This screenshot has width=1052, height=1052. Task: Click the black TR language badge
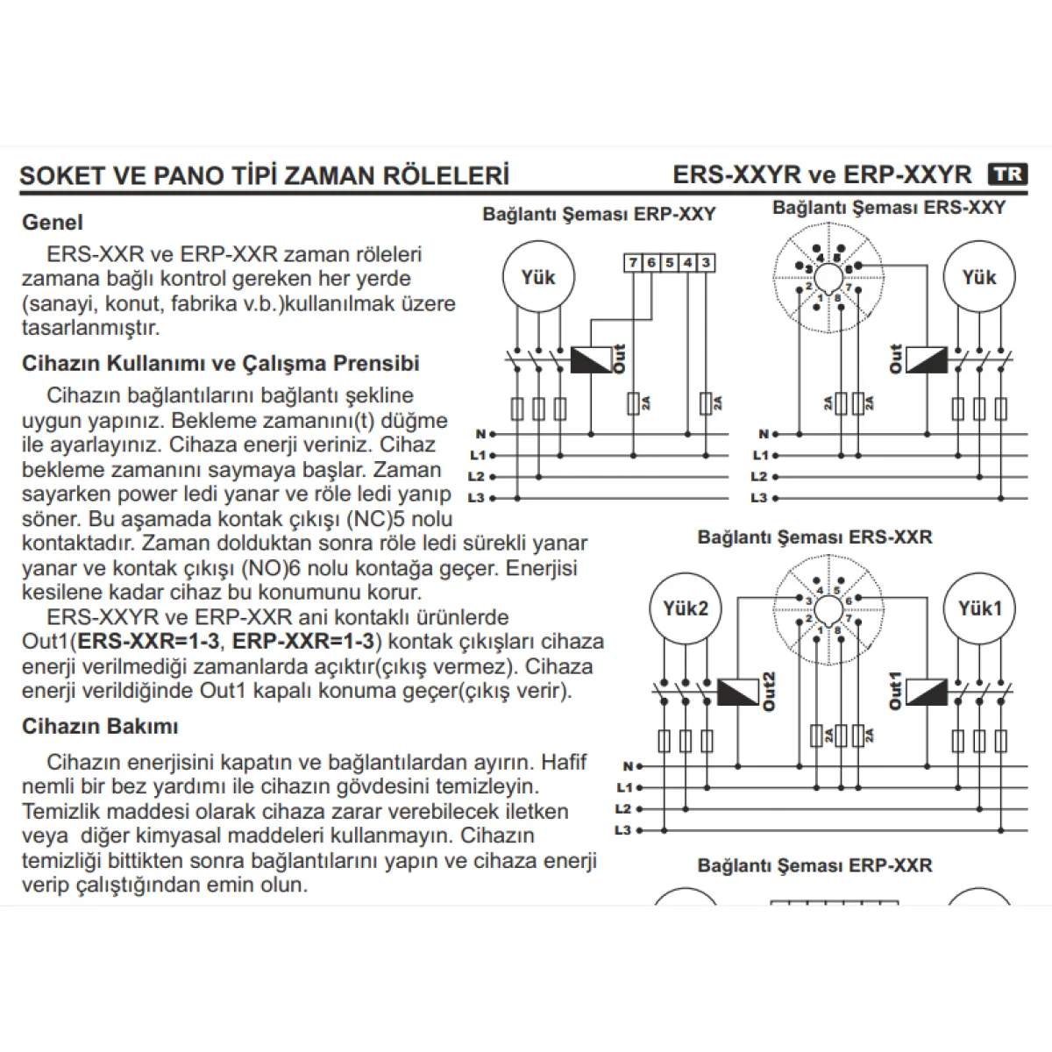(1007, 174)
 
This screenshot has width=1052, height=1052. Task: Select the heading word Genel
(53, 223)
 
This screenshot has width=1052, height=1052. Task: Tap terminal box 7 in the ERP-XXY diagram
(633, 263)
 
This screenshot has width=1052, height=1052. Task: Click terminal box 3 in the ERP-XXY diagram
(706, 263)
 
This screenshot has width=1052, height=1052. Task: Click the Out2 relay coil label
(769, 692)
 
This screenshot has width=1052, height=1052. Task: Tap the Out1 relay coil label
(895, 691)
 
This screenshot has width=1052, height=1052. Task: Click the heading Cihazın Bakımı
(100, 727)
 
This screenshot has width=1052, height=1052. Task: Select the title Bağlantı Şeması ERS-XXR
(814, 537)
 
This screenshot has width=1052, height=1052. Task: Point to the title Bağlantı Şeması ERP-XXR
(814, 865)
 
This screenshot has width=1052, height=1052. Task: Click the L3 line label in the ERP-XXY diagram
(477, 498)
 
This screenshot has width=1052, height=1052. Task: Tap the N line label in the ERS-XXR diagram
(628, 766)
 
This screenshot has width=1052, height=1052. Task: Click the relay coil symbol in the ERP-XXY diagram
(591, 359)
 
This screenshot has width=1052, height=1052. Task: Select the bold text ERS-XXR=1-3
(148, 642)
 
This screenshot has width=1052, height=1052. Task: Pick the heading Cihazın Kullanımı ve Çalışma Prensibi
(221, 364)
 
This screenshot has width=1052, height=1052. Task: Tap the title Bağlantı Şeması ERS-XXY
(889, 208)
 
